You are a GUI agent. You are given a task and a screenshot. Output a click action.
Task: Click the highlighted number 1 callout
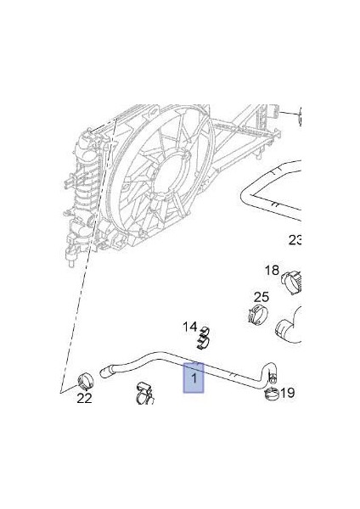[194, 378]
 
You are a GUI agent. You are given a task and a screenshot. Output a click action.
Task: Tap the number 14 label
[189, 327]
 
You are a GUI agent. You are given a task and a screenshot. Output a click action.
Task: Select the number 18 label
[272, 270]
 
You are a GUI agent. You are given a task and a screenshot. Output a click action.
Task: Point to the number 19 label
[287, 393]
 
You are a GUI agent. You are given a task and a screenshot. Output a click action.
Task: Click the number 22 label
[84, 398]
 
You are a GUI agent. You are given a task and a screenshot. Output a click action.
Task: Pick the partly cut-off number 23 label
[295, 240]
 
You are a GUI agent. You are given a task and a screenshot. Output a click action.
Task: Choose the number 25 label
[262, 297]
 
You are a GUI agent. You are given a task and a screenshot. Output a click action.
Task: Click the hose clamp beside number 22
[86, 381]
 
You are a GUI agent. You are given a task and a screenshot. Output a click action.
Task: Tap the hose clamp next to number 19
[271, 394]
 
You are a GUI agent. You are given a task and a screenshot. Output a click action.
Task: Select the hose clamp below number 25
[258, 314]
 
